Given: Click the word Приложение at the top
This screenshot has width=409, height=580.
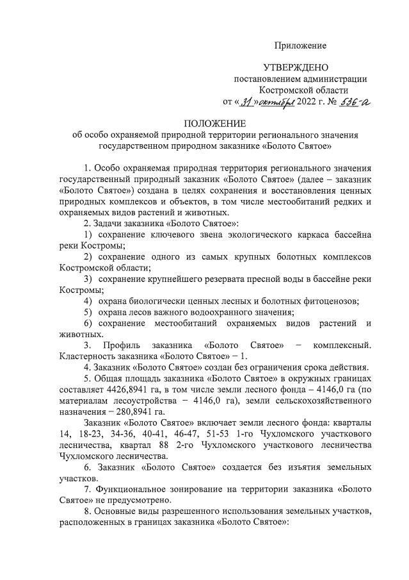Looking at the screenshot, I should pyautogui.click(x=300, y=46).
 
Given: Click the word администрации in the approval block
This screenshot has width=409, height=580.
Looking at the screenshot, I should pyautogui.click(x=332, y=79).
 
